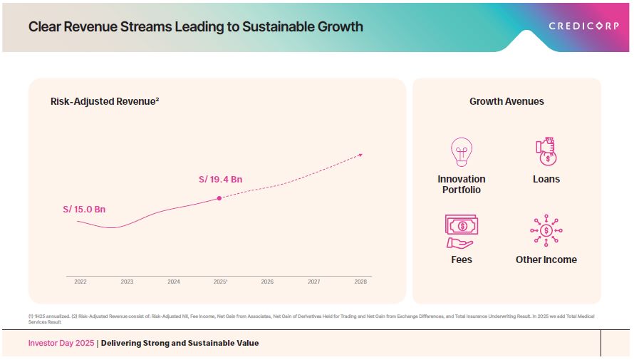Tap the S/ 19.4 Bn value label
pyautogui.click(x=220, y=180)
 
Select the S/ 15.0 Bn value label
pyautogui.click(x=84, y=210)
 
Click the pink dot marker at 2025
pyautogui.click(x=219, y=198)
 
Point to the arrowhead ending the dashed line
pyautogui.click(x=360, y=154)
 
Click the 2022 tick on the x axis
pyautogui.click(x=80, y=282)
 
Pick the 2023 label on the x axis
pyautogui.click(x=127, y=282)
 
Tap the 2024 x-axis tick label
pyautogui.click(x=174, y=282)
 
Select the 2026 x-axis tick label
pyautogui.click(x=267, y=282)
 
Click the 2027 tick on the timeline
pyautogui.click(x=313, y=282)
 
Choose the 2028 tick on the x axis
pyautogui.click(x=360, y=282)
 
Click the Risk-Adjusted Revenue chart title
pyautogui.click(x=105, y=102)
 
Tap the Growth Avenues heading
pyautogui.click(x=506, y=102)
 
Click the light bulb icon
pyautogui.click(x=462, y=151)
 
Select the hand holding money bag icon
pyautogui.click(x=546, y=151)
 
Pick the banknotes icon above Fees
pyautogui.click(x=462, y=228)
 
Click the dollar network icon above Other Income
pyautogui.click(x=546, y=230)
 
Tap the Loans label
pyautogui.click(x=546, y=180)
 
